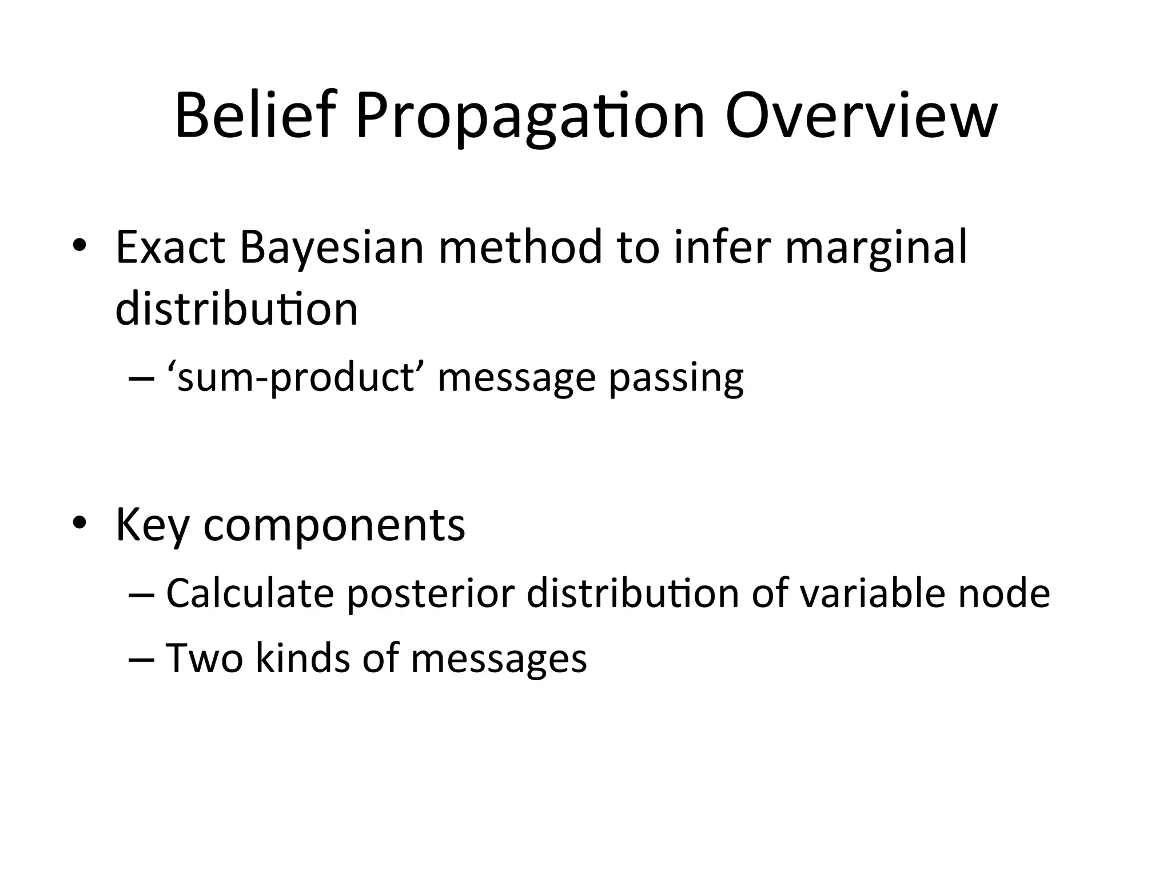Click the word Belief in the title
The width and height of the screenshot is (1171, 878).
tap(253, 116)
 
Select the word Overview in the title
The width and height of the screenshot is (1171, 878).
tap(861, 116)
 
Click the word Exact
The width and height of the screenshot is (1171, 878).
tap(170, 247)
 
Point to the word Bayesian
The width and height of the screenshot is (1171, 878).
tap(332, 247)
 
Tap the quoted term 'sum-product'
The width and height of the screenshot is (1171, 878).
tap(295, 378)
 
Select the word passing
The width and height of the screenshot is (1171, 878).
tap(676, 378)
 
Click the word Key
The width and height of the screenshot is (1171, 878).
tap(152, 524)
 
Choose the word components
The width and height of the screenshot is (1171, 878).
tap(334, 524)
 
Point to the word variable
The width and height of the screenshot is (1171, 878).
tap(871, 593)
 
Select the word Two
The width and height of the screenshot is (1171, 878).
tap(204, 657)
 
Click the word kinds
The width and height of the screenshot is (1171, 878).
tap(302, 657)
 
